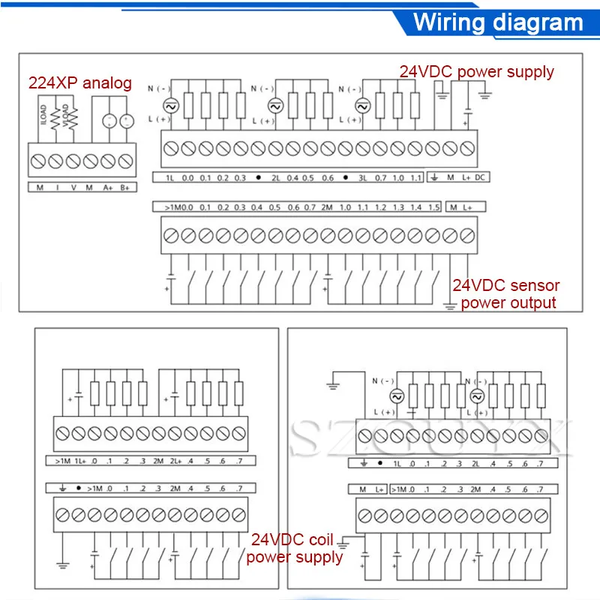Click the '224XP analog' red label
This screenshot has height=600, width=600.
79,83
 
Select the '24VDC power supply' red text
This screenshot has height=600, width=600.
476,72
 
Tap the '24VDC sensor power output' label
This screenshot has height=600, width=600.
506,294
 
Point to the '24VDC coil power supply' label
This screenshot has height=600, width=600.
295,547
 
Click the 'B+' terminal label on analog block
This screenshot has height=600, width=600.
125,187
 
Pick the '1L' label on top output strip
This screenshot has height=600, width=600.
169,178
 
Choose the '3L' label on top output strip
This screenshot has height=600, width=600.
363,178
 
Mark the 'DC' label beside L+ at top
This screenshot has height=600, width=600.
481,178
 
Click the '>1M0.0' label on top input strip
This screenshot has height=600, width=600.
173,207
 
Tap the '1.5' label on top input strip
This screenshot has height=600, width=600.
433,207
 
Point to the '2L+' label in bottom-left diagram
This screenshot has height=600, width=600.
175,460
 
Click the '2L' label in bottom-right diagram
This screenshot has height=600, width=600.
475,463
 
